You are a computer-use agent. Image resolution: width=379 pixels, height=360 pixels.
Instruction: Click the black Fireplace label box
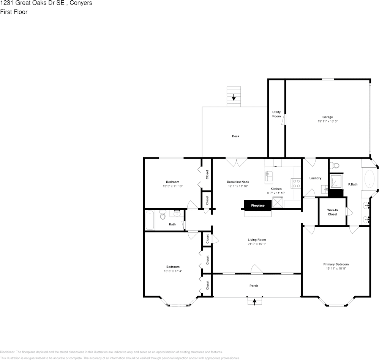click(x=257, y=205)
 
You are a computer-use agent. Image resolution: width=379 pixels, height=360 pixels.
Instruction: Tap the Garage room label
click(x=327, y=117)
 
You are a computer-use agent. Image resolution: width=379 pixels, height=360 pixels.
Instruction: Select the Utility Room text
click(x=276, y=114)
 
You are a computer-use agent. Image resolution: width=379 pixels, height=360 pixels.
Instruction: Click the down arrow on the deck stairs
click(x=234, y=97)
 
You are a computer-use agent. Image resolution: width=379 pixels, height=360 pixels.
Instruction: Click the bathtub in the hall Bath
click(x=150, y=220)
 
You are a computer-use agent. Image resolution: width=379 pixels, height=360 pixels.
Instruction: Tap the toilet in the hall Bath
click(x=163, y=215)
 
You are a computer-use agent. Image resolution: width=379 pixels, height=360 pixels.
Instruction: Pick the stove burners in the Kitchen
click(x=296, y=184)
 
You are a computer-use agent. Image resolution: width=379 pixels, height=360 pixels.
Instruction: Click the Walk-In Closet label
click(x=332, y=212)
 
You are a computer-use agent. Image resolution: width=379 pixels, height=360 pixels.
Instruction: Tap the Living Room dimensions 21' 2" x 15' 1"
click(x=257, y=244)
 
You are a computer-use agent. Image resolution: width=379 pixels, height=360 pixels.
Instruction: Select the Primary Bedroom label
click(x=336, y=264)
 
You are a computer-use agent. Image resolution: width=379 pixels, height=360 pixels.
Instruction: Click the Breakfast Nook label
click(x=238, y=182)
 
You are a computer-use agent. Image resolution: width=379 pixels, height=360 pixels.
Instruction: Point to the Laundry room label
click(x=315, y=178)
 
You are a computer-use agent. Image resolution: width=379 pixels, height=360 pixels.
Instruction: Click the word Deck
click(x=235, y=136)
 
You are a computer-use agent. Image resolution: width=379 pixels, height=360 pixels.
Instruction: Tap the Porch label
click(x=254, y=286)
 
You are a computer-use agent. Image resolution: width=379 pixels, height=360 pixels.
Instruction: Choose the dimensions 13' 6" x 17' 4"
click(x=172, y=271)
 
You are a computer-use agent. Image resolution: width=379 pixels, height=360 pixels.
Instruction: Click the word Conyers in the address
click(x=79, y=3)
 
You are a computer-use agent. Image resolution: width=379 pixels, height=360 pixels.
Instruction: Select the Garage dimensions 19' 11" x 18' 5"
click(x=327, y=121)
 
